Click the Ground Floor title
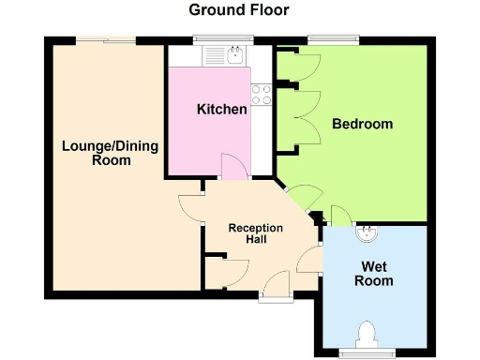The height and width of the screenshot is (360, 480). coord(239,10)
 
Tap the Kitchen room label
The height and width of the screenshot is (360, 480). coord(222,110)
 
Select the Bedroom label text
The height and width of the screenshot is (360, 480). coord(362,124)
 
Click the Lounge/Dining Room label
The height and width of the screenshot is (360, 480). coord(110,153)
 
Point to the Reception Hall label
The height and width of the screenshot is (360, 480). coord(255,233)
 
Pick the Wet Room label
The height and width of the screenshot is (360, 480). coord(372,273)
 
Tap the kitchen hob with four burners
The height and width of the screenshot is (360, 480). coord(262,93)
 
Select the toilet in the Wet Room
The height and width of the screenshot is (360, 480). coord(367,335)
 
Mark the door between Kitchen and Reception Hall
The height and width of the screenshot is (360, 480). coord(233,167)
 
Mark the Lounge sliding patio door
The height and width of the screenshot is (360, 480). coord(105,39)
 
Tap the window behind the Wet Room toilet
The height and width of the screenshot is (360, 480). coord(367,352)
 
